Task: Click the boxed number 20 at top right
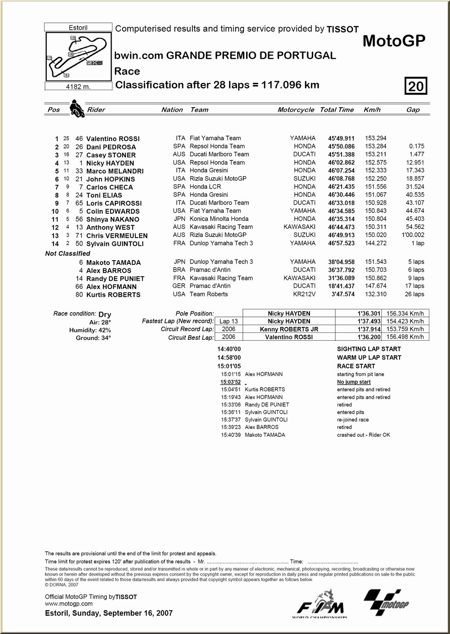pyautogui.click(x=416, y=86)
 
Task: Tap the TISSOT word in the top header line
pyautogui.click(x=343, y=29)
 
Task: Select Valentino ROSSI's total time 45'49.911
pyautogui.click(x=341, y=138)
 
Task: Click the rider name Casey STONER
pyautogui.click(x=111, y=155)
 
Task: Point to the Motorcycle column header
pyautogui.click(x=296, y=110)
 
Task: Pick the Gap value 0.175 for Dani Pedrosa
pyautogui.click(x=416, y=146)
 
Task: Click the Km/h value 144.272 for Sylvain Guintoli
pyautogui.click(x=376, y=243)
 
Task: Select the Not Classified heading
pyautogui.click(x=67, y=253)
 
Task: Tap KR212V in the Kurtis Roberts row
pyautogui.click(x=304, y=294)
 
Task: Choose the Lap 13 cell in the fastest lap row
pyautogui.click(x=228, y=321)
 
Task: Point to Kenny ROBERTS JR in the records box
pyautogui.click(x=289, y=329)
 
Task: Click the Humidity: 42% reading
pyautogui.click(x=90, y=330)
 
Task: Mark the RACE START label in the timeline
pyautogui.click(x=356, y=366)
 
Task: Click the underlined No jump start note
pyautogui.click(x=354, y=382)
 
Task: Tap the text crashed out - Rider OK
pyautogui.click(x=363, y=435)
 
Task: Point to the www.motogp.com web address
pyautogui.click(x=68, y=604)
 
